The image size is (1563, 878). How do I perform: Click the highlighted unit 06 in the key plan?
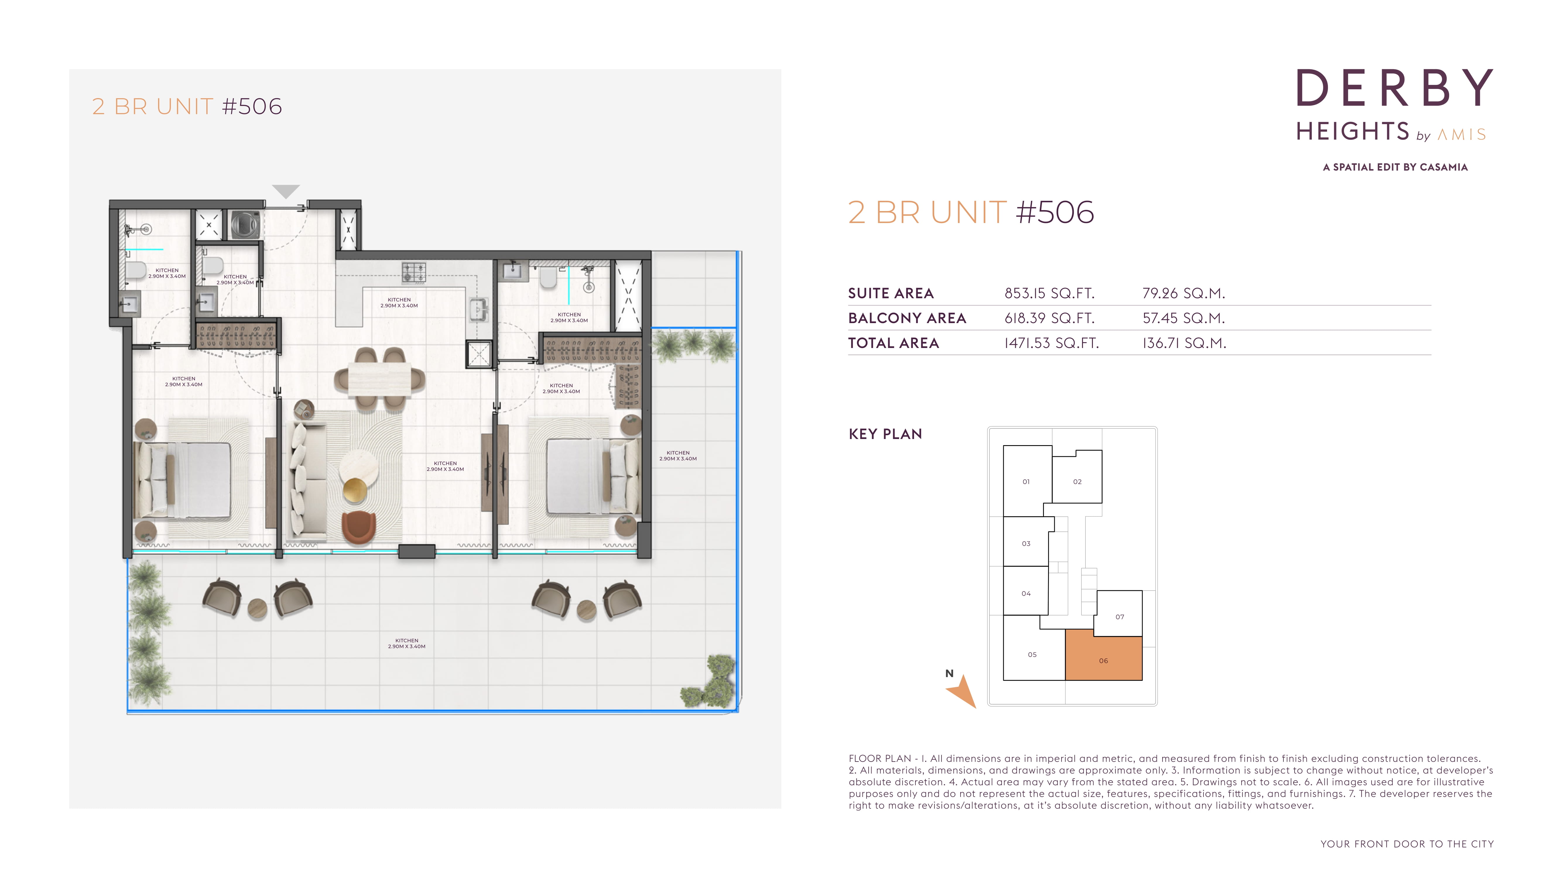pyautogui.click(x=1104, y=658)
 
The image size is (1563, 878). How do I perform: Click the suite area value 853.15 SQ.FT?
pyautogui.click(x=1049, y=294)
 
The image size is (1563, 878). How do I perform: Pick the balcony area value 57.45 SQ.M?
pyautogui.click(x=1183, y=318)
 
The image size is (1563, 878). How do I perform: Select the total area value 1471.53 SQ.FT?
pyautogui.click(x=1052, y=343)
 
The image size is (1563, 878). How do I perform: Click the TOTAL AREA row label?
pyautogui.click(x=893, y=343)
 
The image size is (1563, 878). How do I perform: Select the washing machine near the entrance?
pyautogui.click(x=245, y=224)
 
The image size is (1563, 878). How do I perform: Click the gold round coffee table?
pyautogui.click(x=355, y=490)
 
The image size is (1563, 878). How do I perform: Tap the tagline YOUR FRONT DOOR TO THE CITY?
pyautogui.click(x=1407, y=844)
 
